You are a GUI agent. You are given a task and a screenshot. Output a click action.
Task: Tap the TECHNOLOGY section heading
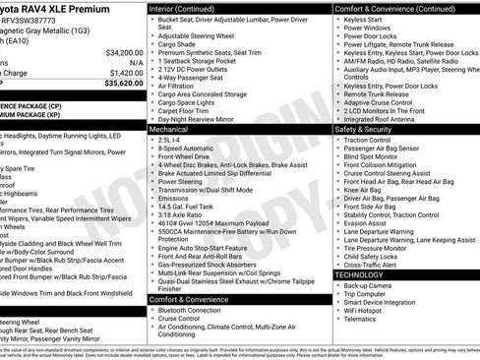pyautogui.click(x=362, y=274)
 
